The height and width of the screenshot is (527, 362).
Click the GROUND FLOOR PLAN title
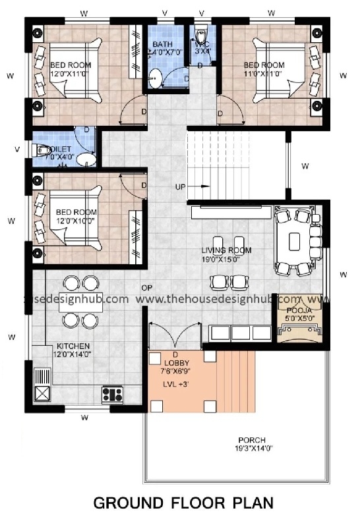[x=183, y=504]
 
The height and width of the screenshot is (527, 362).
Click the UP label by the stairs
[x=180, y=187]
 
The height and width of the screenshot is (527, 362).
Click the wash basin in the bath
[x=155, y=78]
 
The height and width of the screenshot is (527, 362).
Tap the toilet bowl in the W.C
[x=201, y=32]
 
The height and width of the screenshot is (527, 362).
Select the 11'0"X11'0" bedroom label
[x=264, y=69]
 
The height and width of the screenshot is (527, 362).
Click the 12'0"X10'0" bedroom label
[x=76, y=216]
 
